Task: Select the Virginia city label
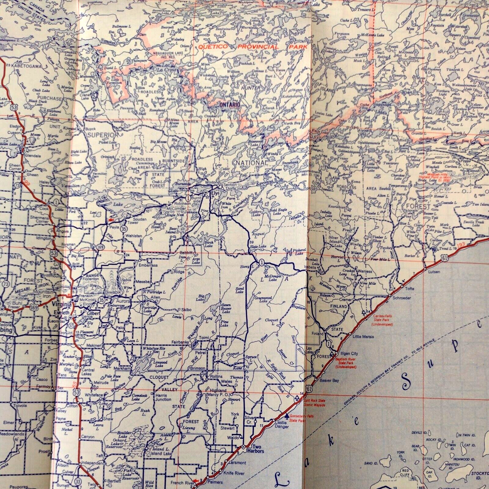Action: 63,304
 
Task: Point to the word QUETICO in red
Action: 216,47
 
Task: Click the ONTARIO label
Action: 229,104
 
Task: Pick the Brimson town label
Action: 197,368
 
